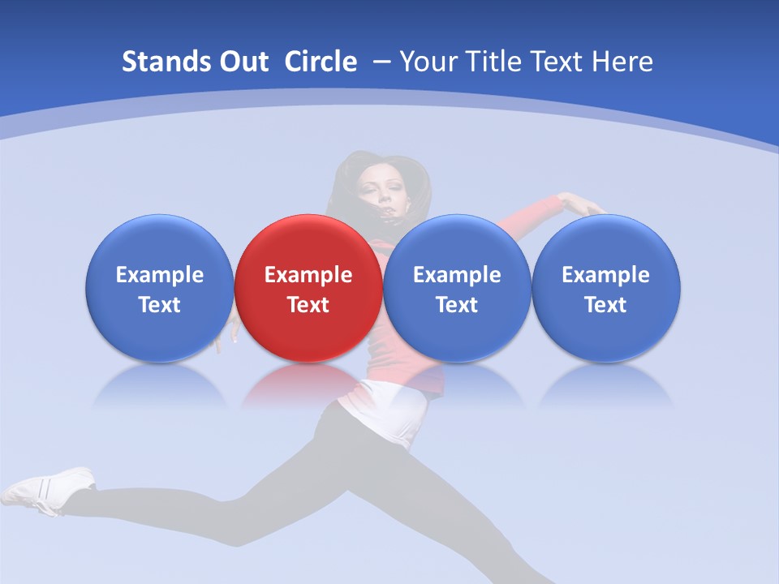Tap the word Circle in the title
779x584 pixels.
pyautogui.click(x=321, y=62)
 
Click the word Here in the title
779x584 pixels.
pyautogui.click(x=622, y=62)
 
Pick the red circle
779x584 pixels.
pyautogui.click(x=308, y=288)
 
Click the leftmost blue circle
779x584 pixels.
pyautogui.click(x=160, y=288)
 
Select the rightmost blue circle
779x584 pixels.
pyautogui.click(x=606, y=288)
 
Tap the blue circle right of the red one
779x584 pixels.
pyautogui.click(x=457, y=288)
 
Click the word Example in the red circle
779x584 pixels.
pyautogui.click(x=308, y=275)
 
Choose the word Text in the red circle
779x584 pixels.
pyautogui.click(x=308, y=305)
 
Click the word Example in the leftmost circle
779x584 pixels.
pyautogui.click(x=160, y=275)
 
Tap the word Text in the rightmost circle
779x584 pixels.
pyautogui.click(x=606, y=305)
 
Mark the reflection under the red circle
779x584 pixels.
pyautogui.click(x=308, y=385)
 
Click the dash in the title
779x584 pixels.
pyautogui.click(x=382, y=62)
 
